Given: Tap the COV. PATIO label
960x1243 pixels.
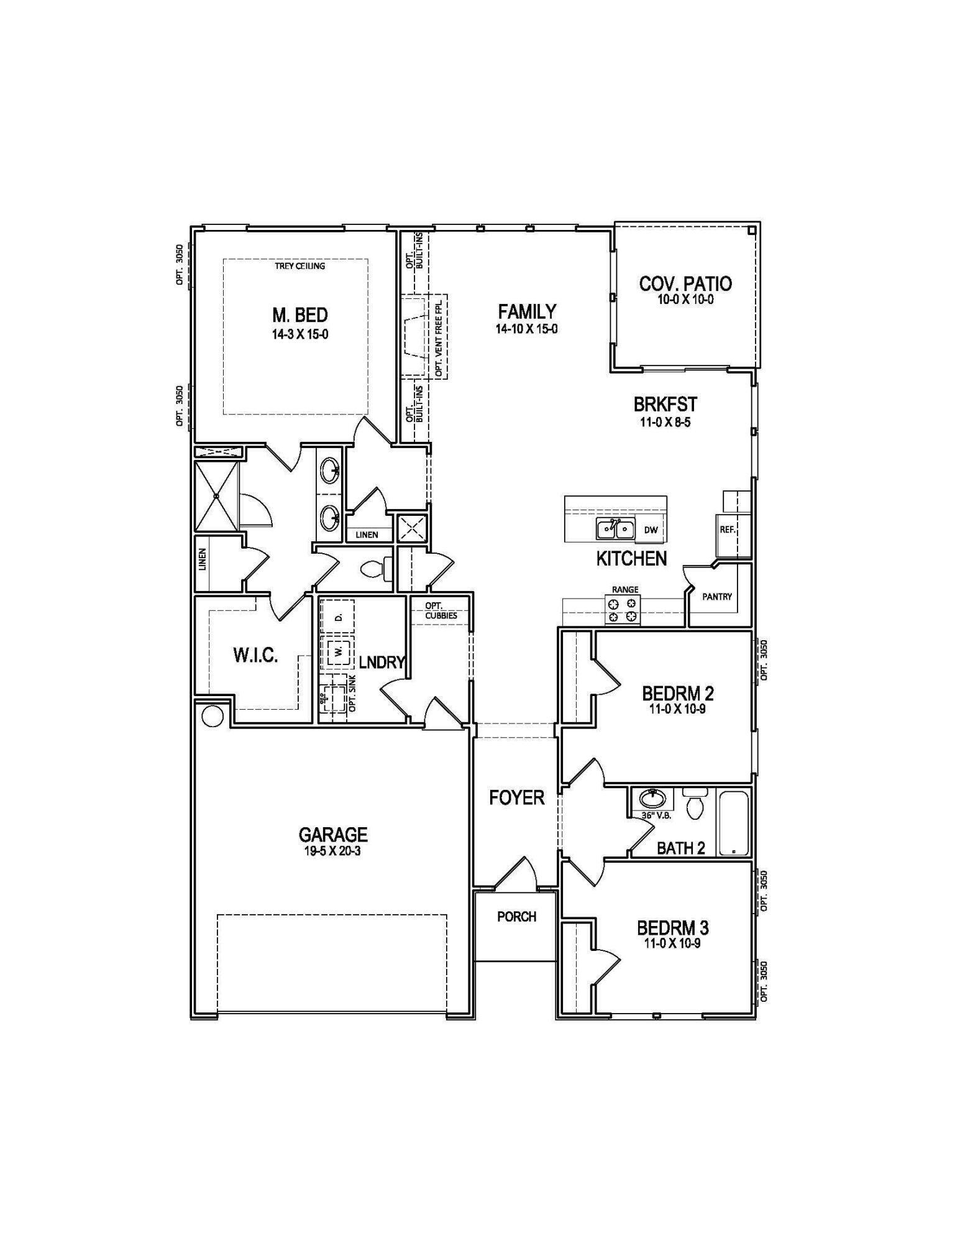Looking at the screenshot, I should pyautogui.click(x=685, y=284).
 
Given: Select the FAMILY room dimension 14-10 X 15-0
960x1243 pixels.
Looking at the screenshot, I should pyautogui.click(x=526, y=329).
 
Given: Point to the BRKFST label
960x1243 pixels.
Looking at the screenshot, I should pyautogui.click(x=665, y=405).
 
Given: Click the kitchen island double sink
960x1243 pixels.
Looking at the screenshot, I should pyautogui.click(x=615, y=529).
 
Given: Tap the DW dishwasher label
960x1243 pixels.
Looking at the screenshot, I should pyautogui.click(x=651, y=530).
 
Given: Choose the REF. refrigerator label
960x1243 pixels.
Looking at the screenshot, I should pyautogui.click(x=728, y=530).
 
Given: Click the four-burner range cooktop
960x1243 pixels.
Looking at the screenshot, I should pyautogui.click(x=623, y=609).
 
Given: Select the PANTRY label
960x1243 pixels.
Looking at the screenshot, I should pyautogui.click(x=717, y=597).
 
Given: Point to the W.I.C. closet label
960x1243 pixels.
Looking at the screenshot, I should pyautogui.click(x=255, y=656).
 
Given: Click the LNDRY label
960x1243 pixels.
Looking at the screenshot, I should pyautogui.click(x=382, y=663).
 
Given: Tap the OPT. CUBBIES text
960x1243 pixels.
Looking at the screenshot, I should pyautogui.click(x=441, y=611).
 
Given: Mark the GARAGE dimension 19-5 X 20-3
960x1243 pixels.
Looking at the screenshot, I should pyautogui.click(x=333, y=851).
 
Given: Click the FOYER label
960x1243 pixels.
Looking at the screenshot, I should pyautogui.click(x=516, y=797).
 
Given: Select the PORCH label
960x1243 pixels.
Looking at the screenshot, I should pyautogui.click(x=516, y=917).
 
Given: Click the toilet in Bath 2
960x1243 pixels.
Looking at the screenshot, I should pyautogui.click(x=694, y=805).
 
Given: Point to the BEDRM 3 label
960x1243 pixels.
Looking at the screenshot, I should pyautogui.click(x=672, y=929).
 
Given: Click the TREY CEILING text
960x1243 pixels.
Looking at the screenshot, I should pyautogui.click(x=299, y=266).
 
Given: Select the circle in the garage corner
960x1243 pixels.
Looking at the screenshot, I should pyautogui.click(x=212, y=716).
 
